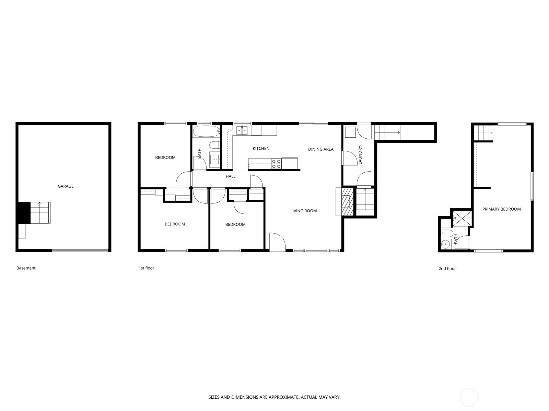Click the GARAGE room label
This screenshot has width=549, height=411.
pos(66,186)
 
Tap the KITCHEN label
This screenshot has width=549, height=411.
pos(261,149)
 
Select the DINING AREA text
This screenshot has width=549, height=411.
pos(320,149)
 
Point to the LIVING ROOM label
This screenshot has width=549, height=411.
pos(303,211)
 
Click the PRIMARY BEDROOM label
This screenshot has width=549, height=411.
pos(501,209)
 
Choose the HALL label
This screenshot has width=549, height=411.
pos(230,176)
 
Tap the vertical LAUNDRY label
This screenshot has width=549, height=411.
pos(360,155)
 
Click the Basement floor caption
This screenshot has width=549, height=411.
pos(26,268)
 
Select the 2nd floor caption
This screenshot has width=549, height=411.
pos(447,269)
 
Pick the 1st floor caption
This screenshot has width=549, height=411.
pos(146,268)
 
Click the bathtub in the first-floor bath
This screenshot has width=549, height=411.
pos(206,131)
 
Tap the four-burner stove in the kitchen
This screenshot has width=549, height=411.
pos(276,163)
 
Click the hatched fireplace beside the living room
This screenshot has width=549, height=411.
pos(347,202)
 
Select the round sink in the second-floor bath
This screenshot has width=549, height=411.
pos(445,243)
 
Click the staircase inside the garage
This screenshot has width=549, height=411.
pos(40,213)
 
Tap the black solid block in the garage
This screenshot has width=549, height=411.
pos(24,213)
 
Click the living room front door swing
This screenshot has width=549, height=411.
pos(277,241)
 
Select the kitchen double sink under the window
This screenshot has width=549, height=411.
pos(242,130)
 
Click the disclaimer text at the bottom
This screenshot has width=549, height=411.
pos(274,397)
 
